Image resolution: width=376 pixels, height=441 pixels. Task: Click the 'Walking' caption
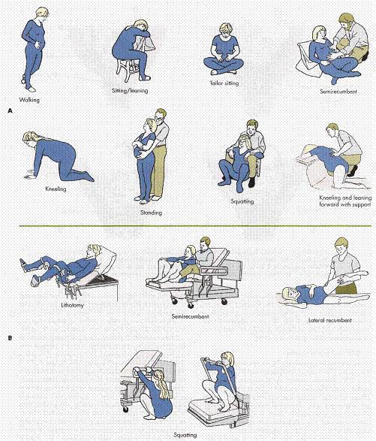[x=29, y=100]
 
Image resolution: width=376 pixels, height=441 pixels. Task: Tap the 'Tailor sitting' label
[x=224, y=83]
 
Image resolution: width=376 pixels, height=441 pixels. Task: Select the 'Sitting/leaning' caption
[x=130, y=91]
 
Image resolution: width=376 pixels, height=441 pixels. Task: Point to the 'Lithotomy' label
[x=73, y=305]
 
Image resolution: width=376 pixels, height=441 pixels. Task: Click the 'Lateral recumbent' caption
[x=330, y=320]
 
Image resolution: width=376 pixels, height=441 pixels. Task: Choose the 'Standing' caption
[x=151, y=213]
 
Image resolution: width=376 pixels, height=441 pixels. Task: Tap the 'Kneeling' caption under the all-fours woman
[x=56, y=189]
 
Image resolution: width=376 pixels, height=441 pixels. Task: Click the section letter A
[x=11, y=111]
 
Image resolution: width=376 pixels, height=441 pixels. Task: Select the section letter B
[x=11, y=338]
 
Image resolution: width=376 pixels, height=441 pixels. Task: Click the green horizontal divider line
[x=195, y=226]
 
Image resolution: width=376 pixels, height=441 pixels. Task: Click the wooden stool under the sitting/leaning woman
[x=129, y=70]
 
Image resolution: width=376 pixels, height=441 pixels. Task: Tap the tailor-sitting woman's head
[x=225, y=30]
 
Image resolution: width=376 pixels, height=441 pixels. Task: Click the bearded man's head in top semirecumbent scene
[x=347, y=22]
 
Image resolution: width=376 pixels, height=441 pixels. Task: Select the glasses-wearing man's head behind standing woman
[x=161, y=116]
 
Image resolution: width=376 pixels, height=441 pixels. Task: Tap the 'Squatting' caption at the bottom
[x=185, y=435]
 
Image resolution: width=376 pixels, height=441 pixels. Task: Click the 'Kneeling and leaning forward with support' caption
[x=345, y=201]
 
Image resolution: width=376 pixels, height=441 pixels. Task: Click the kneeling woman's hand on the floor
[x=30, y=177]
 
